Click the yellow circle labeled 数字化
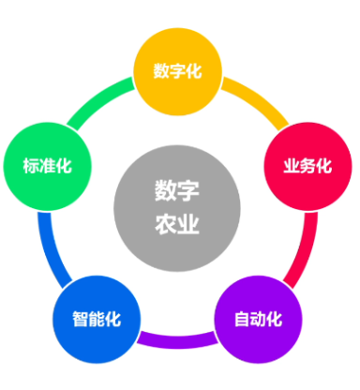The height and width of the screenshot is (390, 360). click(177, 71)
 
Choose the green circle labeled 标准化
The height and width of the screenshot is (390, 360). click(46, 166)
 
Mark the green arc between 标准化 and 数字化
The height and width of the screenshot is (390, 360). click(98, 97)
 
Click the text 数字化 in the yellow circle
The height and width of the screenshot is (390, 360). click(177, 71)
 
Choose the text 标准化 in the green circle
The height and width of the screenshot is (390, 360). click(46, 167)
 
